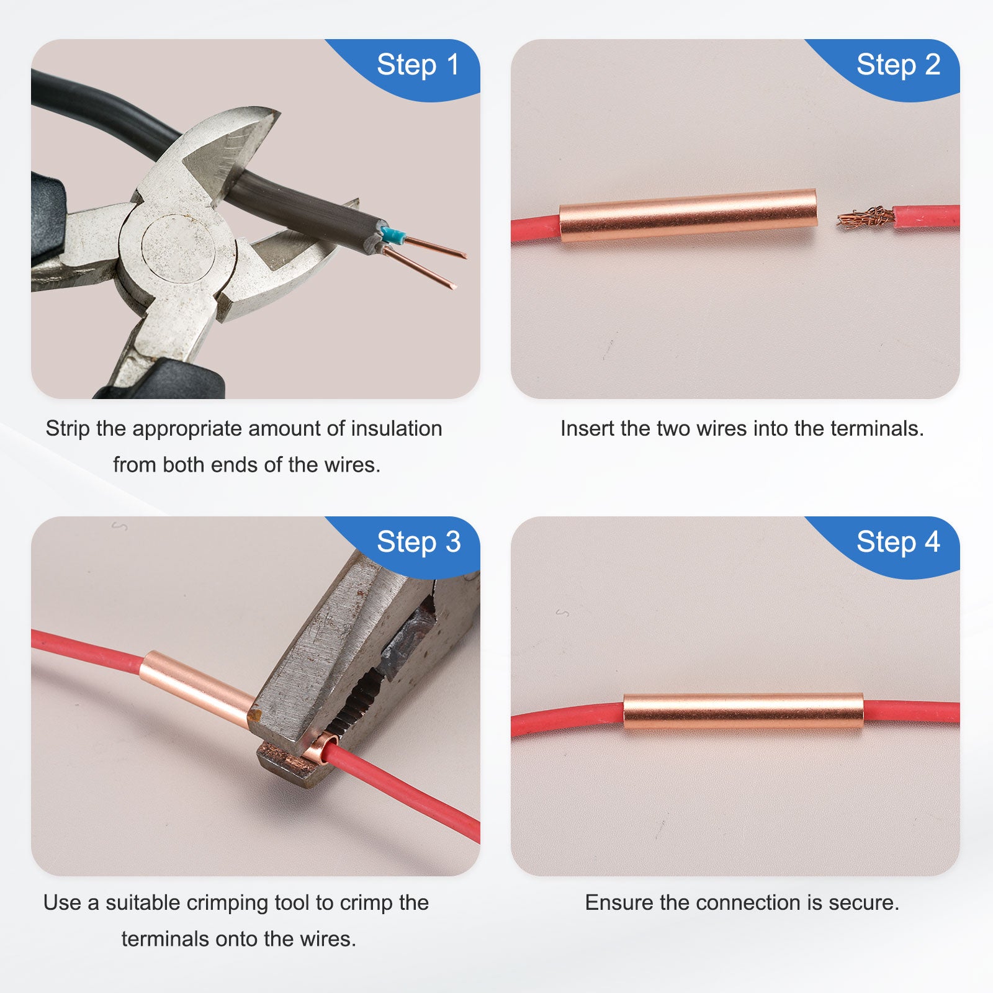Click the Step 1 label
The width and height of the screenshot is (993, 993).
pyautogui.click(x=418, y=65)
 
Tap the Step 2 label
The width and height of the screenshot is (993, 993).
pyautogui.click(x=898, y=65)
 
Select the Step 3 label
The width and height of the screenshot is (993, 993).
pyautogui.click(x=418, y=542)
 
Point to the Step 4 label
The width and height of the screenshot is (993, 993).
pyautogui.click(x=898, y=542)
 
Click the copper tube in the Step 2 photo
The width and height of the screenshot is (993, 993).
pyautogui.click(x=688, y=215)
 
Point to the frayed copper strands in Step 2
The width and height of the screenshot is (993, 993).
pyautogui.click(x=866, y=218)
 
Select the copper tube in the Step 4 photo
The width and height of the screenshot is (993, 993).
pyautogui.click(x=743, y=711)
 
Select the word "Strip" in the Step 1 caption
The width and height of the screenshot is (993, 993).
pyautogui.click(x=68, y=429)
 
